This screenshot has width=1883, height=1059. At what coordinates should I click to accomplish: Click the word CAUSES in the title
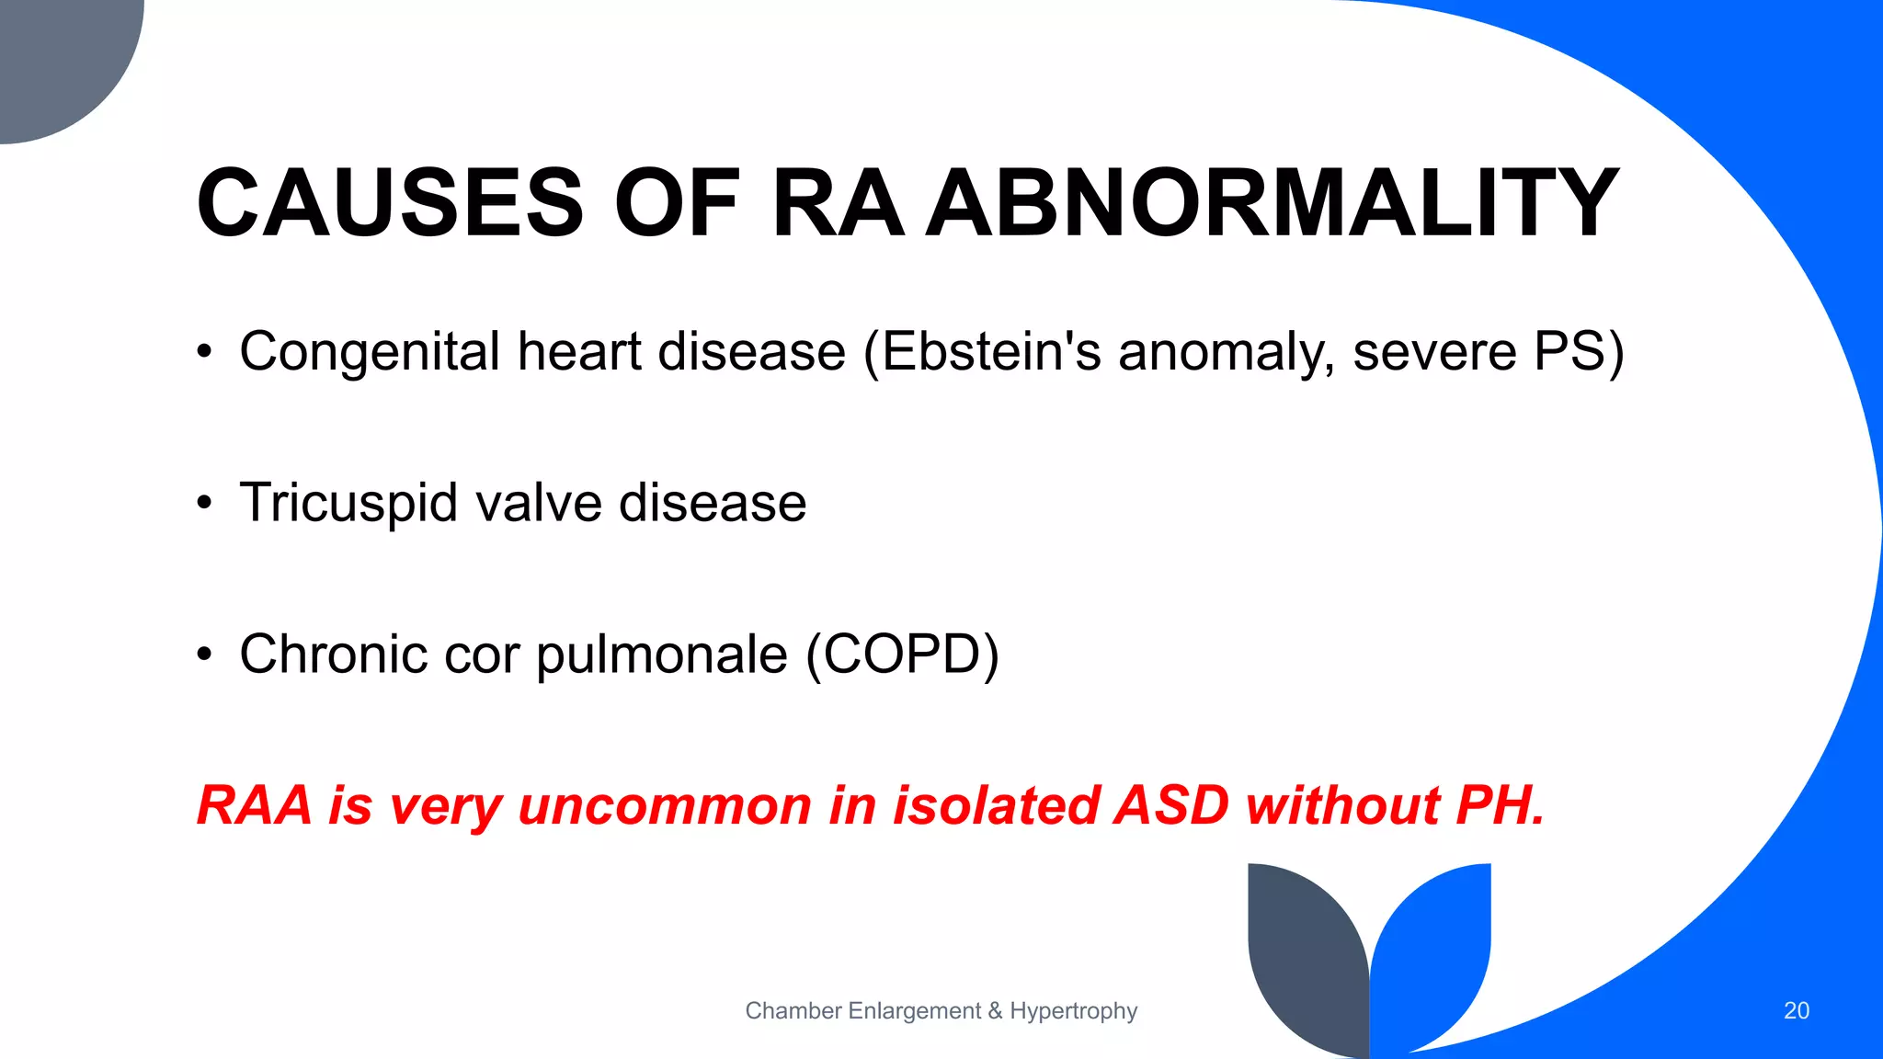point(390,203)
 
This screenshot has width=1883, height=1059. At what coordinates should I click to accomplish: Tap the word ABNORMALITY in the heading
point(1272,203)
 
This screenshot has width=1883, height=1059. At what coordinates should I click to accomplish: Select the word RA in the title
point(838,203)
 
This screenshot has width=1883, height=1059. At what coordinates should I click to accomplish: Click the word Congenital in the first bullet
point(370,352)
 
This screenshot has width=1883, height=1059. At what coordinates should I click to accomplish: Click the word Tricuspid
point(348,504)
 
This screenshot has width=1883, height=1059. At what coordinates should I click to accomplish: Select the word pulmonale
point(662,655)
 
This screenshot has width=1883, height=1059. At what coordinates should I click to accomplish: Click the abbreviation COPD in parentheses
point(902,655)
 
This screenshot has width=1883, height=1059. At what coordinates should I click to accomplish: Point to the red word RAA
point(255,805)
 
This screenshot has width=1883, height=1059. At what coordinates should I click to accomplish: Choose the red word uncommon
point(665,805)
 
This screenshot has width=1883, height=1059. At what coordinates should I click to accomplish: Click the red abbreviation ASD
point(1170,805)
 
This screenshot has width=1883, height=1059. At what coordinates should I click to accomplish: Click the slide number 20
point(1796,1011)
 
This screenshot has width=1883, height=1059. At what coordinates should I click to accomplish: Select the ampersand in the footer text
point(995,1011)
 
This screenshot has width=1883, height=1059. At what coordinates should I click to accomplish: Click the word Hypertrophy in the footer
point(1073,1011)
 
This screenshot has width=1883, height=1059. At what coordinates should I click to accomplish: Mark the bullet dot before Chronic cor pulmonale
point(204,655)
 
